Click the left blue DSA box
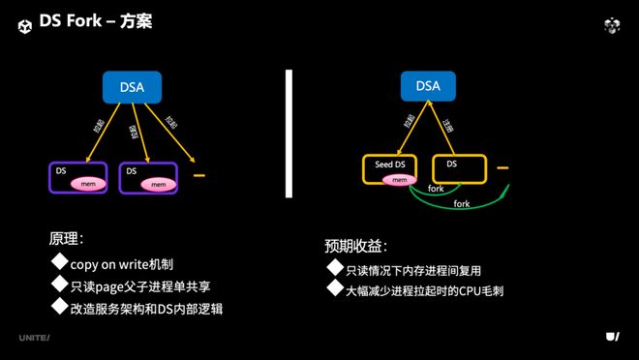pos(134,88)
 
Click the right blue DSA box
pos(427,86)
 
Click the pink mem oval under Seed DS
pos(398,180)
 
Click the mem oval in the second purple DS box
pos(158,183)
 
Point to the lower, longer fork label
pos(462,204)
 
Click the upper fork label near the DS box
pos(436,189)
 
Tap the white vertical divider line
pos(289,133)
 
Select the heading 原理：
pos(68,238)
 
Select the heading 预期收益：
pos(356,246)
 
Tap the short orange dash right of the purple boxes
pos(199,176)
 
